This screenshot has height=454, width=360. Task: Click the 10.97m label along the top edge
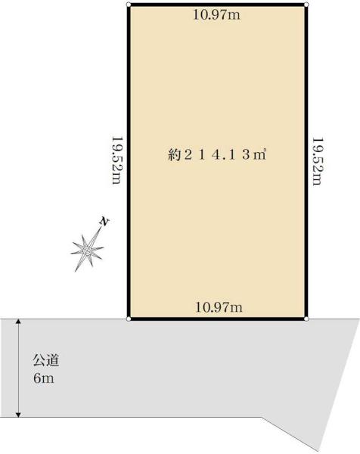click(x=216, y=14)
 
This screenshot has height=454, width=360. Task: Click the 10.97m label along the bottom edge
click(x=219, y=307)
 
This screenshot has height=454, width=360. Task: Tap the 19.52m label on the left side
click(x=117, y=160)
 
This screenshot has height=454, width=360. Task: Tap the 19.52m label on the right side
click(x=317, y=161)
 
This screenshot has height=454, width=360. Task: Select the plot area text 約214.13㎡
click(x=217, y=155)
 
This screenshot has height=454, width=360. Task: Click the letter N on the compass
click(x=104, y=222)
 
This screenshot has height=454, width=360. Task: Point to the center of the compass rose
click(x=88, y=250)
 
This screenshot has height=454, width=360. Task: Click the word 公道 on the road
click(x=46, y=361)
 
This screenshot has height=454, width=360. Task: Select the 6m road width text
click(x=44, y=378)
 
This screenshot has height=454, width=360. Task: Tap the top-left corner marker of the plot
click(x=129, y=5)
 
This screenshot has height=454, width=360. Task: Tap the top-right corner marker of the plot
click(x=306, y=5)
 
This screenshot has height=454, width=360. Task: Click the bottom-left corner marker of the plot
click(x=129, y=319)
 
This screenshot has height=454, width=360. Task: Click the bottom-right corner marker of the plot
click(x=306, y=319)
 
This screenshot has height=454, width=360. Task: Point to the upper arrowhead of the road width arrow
click(x=18, y=322)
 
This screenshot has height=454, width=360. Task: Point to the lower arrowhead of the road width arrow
click(x=18, y=415)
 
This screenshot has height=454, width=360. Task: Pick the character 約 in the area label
click(x=174, y=155)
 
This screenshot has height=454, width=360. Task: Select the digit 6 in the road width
click(x=37, y=378)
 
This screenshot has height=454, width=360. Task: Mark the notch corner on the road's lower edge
click(x=262, y=417)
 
